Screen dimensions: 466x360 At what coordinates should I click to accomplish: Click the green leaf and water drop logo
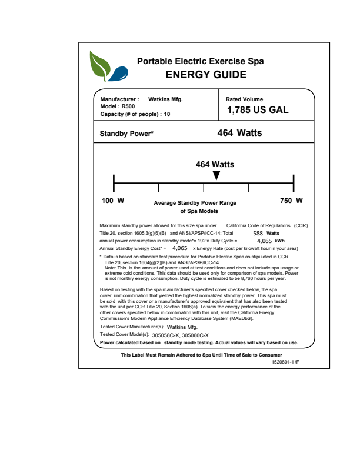107,66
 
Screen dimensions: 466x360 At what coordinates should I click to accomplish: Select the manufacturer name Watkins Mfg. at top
165,99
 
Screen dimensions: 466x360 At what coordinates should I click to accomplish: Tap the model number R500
128,106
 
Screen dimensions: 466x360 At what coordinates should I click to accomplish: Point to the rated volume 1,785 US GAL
258,110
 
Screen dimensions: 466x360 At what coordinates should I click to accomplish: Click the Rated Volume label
245,99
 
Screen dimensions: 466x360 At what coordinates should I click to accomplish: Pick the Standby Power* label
126,134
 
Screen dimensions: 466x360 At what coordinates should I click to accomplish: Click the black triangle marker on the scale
216,175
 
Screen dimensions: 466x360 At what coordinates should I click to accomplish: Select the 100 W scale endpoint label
113,201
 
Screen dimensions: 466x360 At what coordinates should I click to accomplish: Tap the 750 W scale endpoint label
291,201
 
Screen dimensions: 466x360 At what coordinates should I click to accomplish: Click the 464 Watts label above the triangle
215,164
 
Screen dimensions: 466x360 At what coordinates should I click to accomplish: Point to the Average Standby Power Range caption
195,203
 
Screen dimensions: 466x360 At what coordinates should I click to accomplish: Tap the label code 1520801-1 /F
285,362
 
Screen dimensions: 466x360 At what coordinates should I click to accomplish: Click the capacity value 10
167,114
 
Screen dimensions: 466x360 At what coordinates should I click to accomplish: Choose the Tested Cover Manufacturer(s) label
132,326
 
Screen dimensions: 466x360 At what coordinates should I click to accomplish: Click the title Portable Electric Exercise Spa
201,61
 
